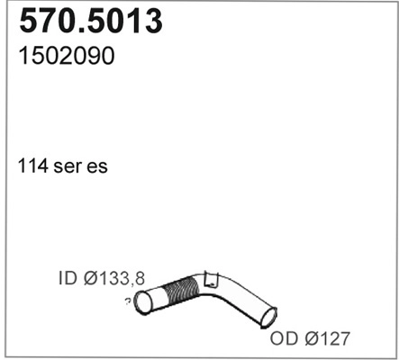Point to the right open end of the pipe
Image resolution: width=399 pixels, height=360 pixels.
268,317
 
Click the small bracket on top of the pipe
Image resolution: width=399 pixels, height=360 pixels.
211,279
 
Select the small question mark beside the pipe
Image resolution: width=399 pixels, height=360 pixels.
127,300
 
